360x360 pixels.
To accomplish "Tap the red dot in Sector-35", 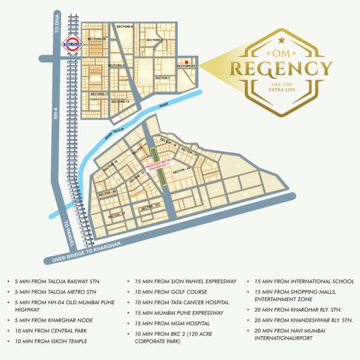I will pos(187,62).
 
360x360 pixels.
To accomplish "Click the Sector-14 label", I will pos(121,101).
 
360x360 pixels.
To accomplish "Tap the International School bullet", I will pos(299,281).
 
